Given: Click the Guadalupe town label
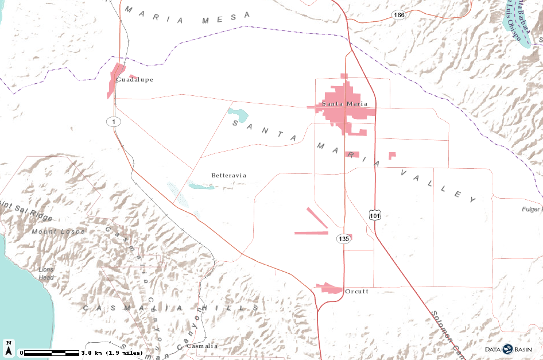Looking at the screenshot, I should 134,80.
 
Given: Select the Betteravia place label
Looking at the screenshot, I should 228,175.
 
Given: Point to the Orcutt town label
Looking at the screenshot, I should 356,292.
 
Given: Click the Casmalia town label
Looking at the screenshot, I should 203,346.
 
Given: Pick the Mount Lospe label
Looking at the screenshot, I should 58,232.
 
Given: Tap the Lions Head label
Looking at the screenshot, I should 46,273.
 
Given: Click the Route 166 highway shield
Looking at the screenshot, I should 400,15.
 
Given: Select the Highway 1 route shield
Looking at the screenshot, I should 114,122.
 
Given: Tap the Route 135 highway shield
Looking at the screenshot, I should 343,238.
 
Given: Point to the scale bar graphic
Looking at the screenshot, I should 50,352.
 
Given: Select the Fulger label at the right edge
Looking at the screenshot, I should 532,210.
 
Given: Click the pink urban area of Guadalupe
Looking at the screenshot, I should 115,80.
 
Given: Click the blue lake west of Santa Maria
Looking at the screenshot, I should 238,114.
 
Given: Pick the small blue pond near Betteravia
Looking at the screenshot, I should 201,186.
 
